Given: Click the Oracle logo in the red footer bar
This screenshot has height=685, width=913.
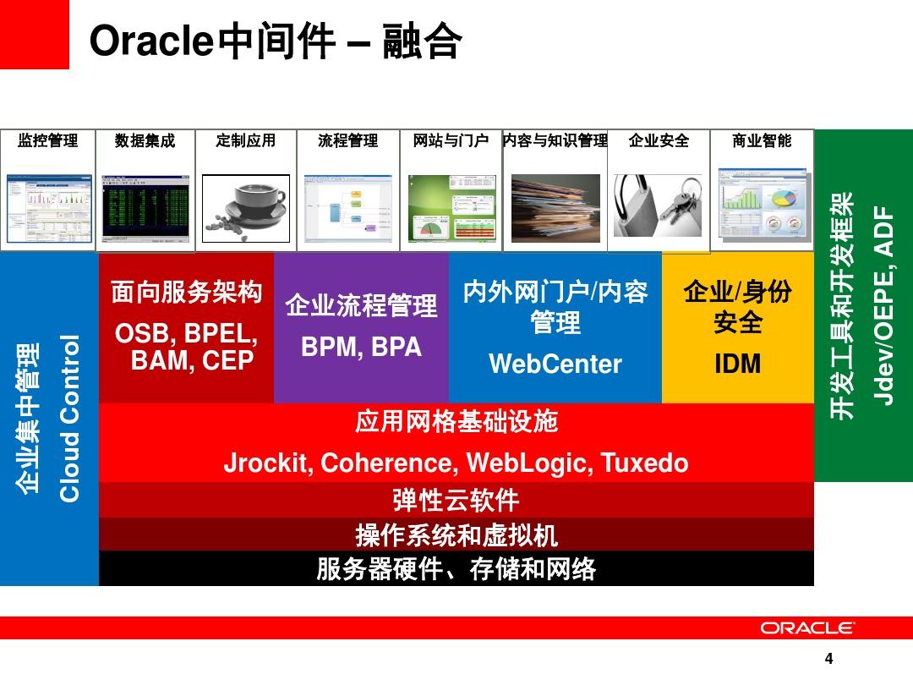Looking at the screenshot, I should click(806, 627).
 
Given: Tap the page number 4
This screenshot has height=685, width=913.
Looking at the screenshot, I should click(828, 660).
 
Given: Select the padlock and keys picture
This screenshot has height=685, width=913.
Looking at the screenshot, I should click(657, 206).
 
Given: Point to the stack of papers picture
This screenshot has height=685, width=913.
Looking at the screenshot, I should click(555, 208).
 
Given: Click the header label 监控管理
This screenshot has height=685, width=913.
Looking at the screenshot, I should click(47, 140).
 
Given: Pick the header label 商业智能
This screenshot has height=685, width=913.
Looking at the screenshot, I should click(762, 140).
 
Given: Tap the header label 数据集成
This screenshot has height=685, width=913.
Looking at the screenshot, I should click(145, 140).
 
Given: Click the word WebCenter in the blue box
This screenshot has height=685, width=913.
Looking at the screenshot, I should click(555, 364).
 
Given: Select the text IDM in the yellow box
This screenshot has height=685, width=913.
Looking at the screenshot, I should click(737, 364).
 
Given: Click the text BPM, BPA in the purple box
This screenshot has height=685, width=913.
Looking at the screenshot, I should click(361, 347).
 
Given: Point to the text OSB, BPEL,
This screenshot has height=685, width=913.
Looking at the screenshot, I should click(186, 334).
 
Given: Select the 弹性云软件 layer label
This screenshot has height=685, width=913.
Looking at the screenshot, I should click(456, 500).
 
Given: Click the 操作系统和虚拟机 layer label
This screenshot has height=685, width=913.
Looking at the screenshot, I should click(456, 534).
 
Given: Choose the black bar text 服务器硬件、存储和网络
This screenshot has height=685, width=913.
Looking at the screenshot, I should click(456, 569).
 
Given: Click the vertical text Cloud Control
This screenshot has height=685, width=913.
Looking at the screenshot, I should click(69, 419).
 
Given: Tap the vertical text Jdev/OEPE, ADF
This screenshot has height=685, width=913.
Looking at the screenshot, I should click(883, 304).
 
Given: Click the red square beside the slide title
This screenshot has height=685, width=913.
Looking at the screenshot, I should click(34, 34).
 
